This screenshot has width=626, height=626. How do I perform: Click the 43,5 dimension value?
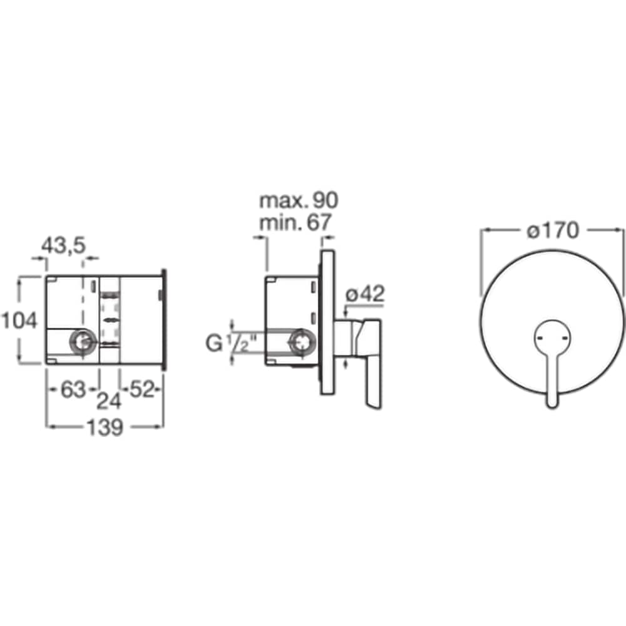click(64, 245)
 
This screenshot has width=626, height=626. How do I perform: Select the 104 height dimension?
click(19, 321)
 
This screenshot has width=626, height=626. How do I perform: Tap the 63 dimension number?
click(73, 389)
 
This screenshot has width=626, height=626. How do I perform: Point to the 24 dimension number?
click(109, 401)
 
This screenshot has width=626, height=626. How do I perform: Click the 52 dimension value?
click(141, 389)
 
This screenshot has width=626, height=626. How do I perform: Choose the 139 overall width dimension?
click(105, 428)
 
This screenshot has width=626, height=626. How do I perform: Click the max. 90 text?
click(299, 200)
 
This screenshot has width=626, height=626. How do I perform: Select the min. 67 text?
click(295, 222)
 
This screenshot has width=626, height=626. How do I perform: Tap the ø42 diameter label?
click(365, 295)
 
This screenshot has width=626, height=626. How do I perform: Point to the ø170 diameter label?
click(553, 230)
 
